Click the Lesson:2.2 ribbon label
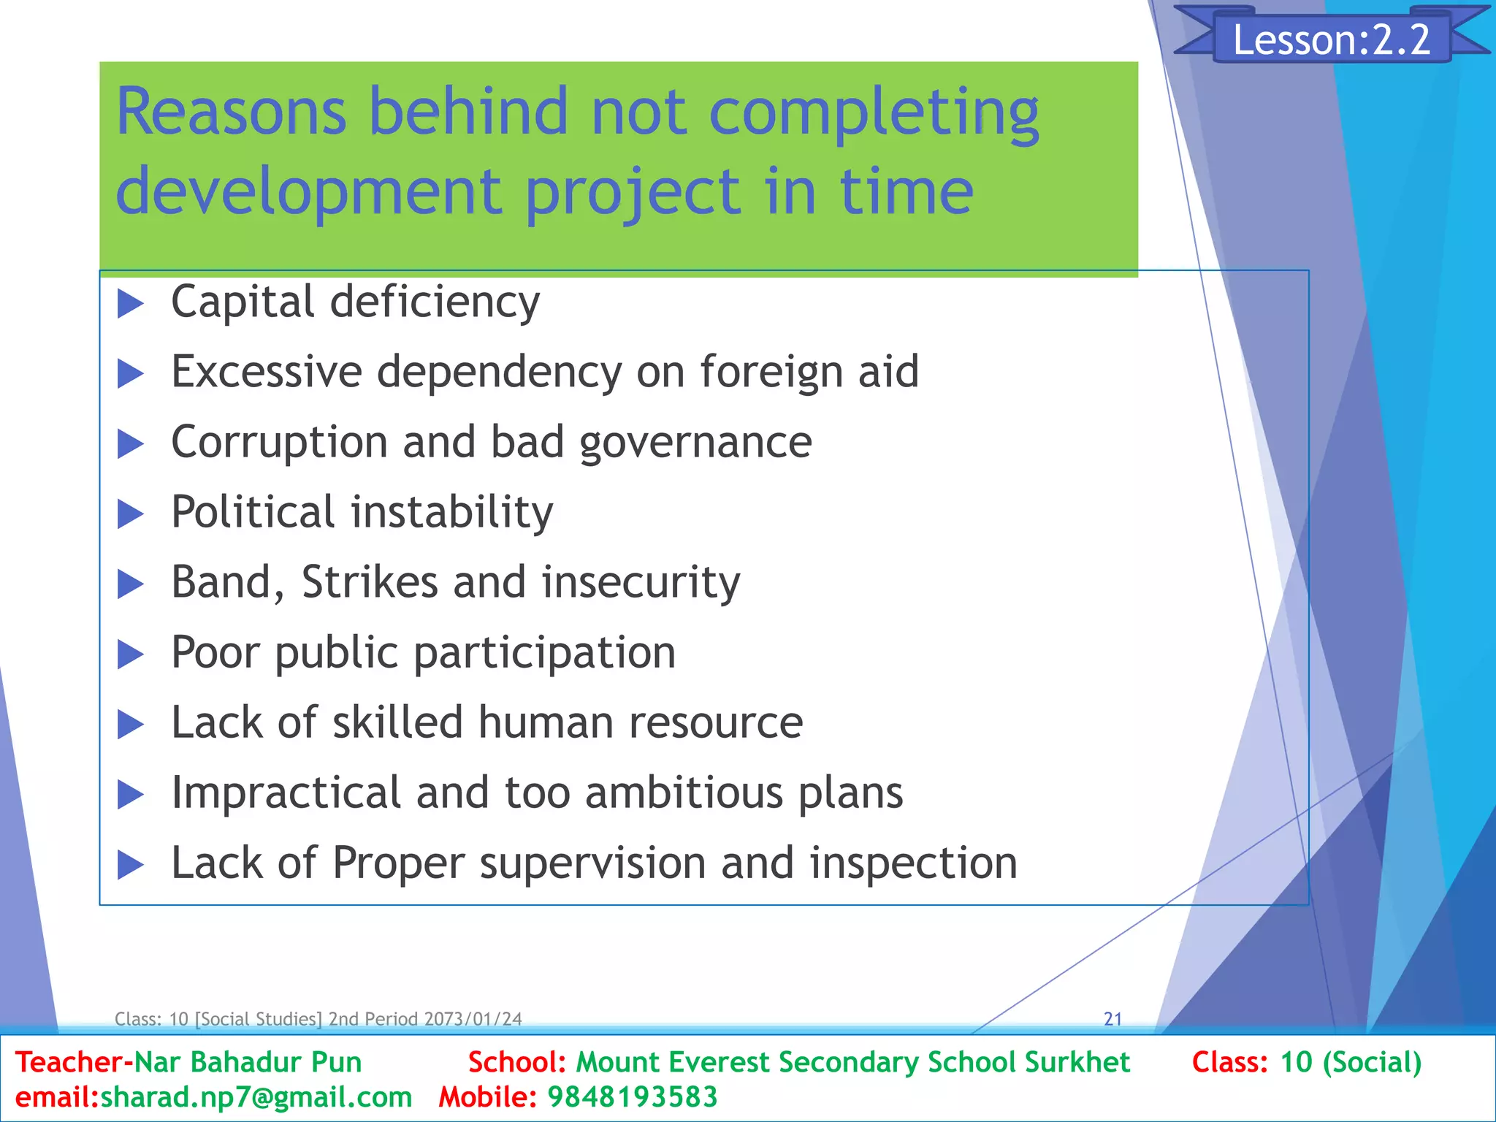click(x=1331, y=39)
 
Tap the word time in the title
click(x=906, y=191)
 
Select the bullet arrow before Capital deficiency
click(x=131, y=303)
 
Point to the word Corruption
click(x=279, y=443)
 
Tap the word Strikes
click(x=369, y=582)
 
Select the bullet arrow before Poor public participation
click(x=131, y=654)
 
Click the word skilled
click(x=397, y=722)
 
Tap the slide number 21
click(x=1113, y=1019)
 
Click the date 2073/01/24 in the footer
click(x=473, y=1019)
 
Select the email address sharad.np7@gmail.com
click(x=256, y=1097)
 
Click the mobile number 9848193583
click(x=633, y=1097)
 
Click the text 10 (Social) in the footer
click(x=1351, y=1062)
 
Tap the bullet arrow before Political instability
click(x=131, y=514)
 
